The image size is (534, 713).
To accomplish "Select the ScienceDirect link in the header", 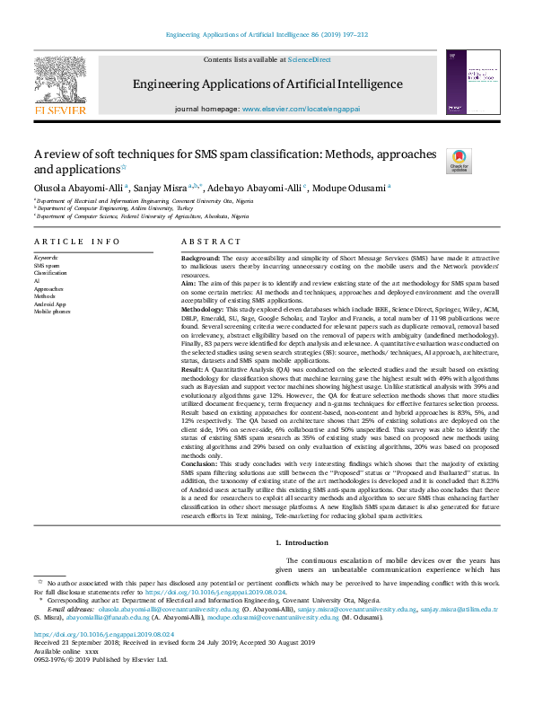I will coord(309,59).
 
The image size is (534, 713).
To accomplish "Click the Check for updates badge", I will coord(459,161).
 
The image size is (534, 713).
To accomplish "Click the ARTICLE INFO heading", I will coord(76,242).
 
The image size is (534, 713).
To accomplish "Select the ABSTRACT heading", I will coord(210,242).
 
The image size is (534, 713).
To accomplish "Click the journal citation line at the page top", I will coord(267,34).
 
